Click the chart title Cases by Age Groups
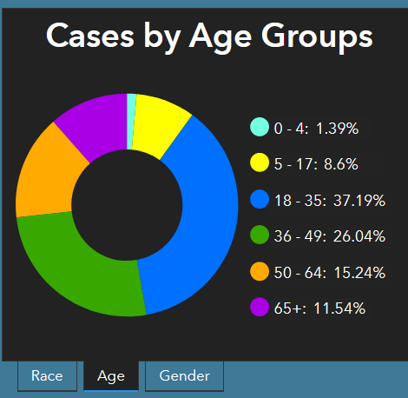[x=209, y=36]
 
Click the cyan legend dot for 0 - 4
[x=259, y=128]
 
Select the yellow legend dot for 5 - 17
[x=259, y=163]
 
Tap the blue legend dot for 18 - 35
[x=259, y=200]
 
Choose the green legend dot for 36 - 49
[x=259, y=235]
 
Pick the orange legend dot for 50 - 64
[x=259, y=272]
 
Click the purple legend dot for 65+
[x=259, y=308]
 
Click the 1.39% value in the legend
[x=337, y=129]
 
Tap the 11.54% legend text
[x=339, y=308]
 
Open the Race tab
[x=47, y=376]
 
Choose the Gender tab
[x=184, y=376]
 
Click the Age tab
[x=111, y=376]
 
